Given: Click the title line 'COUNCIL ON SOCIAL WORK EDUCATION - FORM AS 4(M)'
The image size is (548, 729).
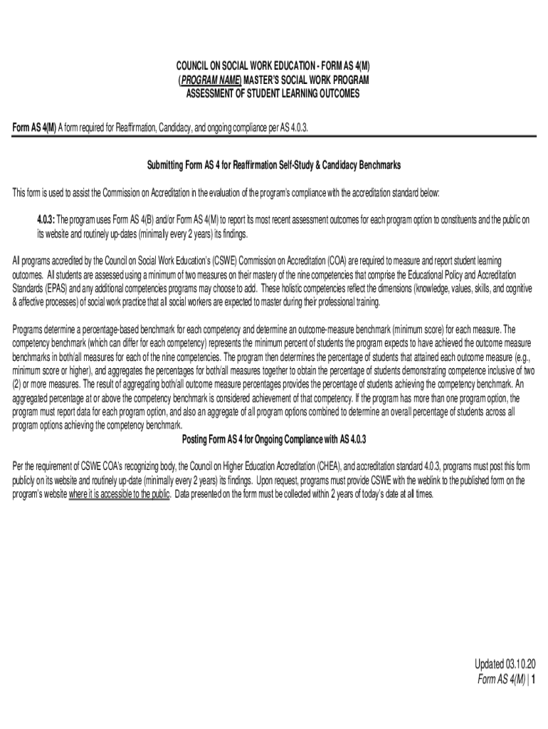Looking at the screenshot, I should click(274, 66).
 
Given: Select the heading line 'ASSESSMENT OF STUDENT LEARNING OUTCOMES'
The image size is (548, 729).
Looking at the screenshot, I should click(274, 94).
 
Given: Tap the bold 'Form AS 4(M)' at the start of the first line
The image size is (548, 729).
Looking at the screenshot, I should click(35, 127).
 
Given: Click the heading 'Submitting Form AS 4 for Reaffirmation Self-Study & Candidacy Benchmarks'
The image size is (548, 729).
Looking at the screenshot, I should click(274, 165).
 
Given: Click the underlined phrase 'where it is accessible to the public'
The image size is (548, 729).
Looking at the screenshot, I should click(119, 494).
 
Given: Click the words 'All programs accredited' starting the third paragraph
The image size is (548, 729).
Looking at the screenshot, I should click(48, 261).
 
